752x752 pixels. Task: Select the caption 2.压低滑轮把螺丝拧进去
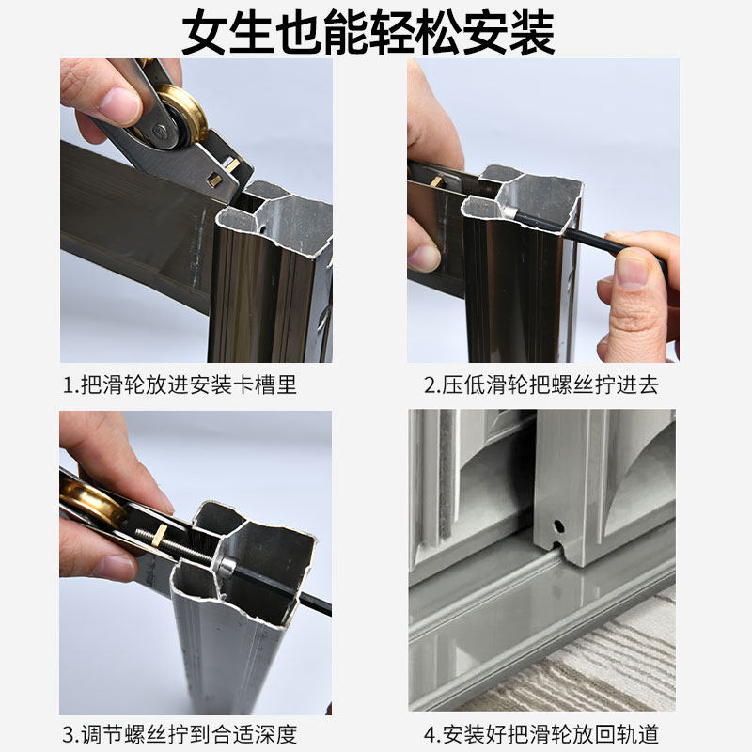click(x=541, y=384)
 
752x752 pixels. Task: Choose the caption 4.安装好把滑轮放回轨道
click(x=541, y=734)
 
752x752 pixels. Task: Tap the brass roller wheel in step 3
click(x=90, y=504)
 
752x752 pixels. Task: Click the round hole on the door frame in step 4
click(x=557, y=525)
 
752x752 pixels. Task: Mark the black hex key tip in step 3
click(x=320, y=602)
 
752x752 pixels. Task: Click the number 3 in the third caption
click(x=69, y=734)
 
